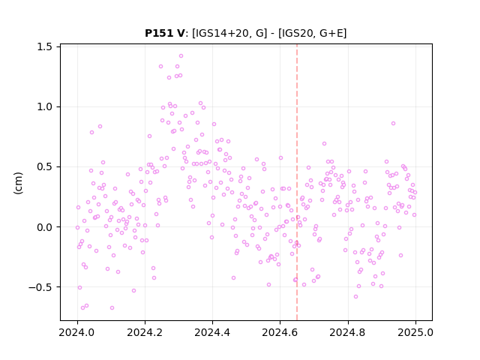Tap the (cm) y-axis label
tap(18, 183)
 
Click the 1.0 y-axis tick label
tap(44, 106)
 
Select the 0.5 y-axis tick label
tap(44, 166)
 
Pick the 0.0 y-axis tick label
tap(44, 227)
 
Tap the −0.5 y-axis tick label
tap(40, 287)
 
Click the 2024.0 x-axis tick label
tap(77, 332)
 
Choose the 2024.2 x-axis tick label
tap(145, 332)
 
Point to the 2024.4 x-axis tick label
tap(212, 332)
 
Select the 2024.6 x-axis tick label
tap(280, 332)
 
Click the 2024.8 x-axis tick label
tap(347, 332)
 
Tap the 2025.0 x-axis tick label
tap(415, 332)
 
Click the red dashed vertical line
tap(297, 182)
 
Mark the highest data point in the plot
tap(181, 56)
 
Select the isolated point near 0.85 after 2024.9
tap(393, 123)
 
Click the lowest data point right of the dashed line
tap(355, 297)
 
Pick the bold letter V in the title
tap(181, 33)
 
